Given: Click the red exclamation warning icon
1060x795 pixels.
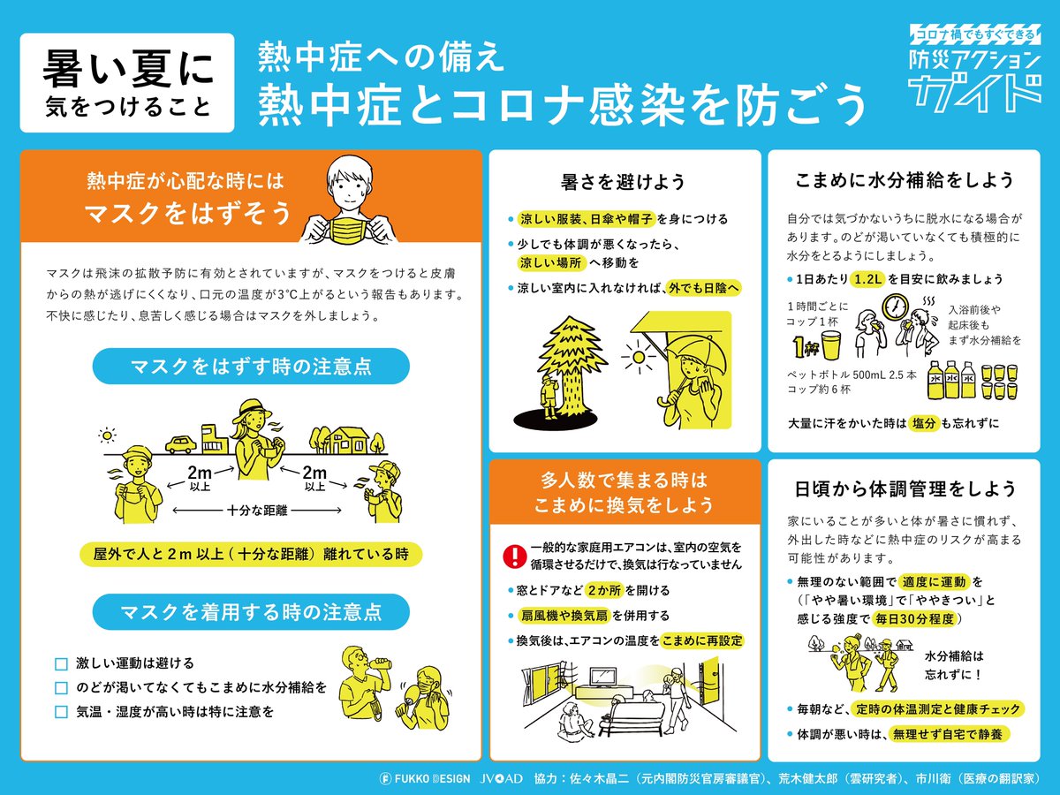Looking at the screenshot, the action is pos(515,556).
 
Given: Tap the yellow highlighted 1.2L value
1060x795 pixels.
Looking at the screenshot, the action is pos(867,279).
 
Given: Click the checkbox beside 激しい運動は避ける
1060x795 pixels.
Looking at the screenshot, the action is pos(61,664).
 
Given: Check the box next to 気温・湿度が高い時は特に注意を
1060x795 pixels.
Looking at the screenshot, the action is pos(61,712).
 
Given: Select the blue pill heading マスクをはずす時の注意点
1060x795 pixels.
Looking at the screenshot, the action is pos(251,367).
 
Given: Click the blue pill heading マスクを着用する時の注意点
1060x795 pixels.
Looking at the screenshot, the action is pos(251,612).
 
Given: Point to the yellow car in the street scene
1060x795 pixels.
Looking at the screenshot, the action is pos(180,444).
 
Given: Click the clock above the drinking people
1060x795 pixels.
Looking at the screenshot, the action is pos(895,307).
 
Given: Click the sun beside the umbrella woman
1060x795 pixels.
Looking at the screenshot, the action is pos(639,357).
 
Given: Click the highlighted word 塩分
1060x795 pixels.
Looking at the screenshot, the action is pos(924,423).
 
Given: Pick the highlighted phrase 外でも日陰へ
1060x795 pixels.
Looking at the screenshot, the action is pos(703,288).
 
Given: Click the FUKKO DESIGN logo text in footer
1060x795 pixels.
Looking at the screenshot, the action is pos(425,778).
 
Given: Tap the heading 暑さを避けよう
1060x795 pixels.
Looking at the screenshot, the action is pos(623,182).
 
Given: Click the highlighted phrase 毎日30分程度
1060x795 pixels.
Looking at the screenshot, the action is pos(914,619).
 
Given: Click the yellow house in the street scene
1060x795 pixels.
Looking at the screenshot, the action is pos(345,440).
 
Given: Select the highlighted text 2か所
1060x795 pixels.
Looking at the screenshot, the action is pos(604,590).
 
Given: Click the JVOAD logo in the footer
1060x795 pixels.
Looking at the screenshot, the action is pos(501,778).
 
